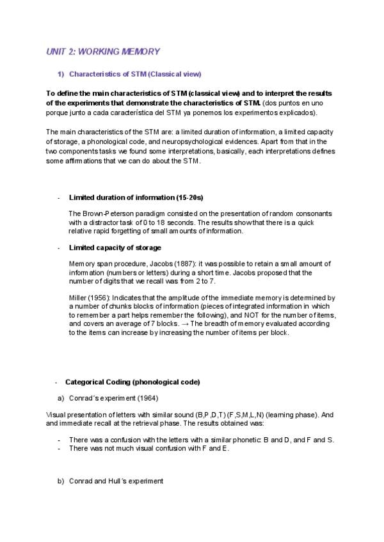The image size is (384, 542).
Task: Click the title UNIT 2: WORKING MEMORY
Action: [102, 51]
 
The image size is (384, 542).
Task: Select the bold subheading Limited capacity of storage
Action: [115, 247]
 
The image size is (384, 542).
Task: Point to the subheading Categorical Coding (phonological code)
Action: [132, 382]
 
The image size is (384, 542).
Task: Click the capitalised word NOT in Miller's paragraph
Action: [261, 315]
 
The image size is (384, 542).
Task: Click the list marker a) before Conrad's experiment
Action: [61, 398]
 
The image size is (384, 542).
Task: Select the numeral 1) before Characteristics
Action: [61, 74]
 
